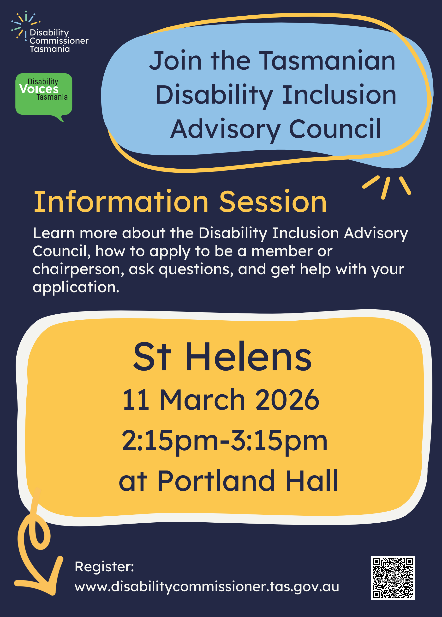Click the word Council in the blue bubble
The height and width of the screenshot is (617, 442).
click(x=335, y=129)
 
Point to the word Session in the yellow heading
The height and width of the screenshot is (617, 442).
click(x=273, y=202)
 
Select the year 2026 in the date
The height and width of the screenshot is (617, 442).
click(x=287, y=400)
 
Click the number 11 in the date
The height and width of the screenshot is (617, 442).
click(x=136, y=400)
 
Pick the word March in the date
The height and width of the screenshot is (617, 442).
click(x=203, y=400)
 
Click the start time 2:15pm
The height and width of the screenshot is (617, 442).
click(x=170, y=441)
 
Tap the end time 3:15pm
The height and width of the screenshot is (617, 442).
click(x=279, y=441)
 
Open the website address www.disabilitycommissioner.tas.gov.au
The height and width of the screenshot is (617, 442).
click(x=207, y=587)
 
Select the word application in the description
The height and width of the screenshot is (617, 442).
click(x=76, y=287)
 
